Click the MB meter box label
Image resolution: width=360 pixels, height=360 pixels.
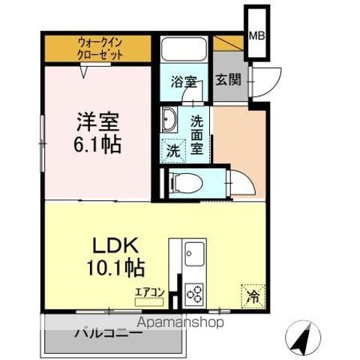pos(256,35)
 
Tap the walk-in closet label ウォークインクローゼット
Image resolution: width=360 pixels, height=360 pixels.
pos(100,49)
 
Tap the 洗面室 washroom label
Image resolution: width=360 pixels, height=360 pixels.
pos(196,133)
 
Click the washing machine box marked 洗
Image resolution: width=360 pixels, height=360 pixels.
pos(173,148)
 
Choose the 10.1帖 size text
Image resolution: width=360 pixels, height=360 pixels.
pos(115,266)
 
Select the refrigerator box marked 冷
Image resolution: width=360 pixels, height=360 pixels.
pos(253,295)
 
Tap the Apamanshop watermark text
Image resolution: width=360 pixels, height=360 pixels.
pos(180,324)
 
